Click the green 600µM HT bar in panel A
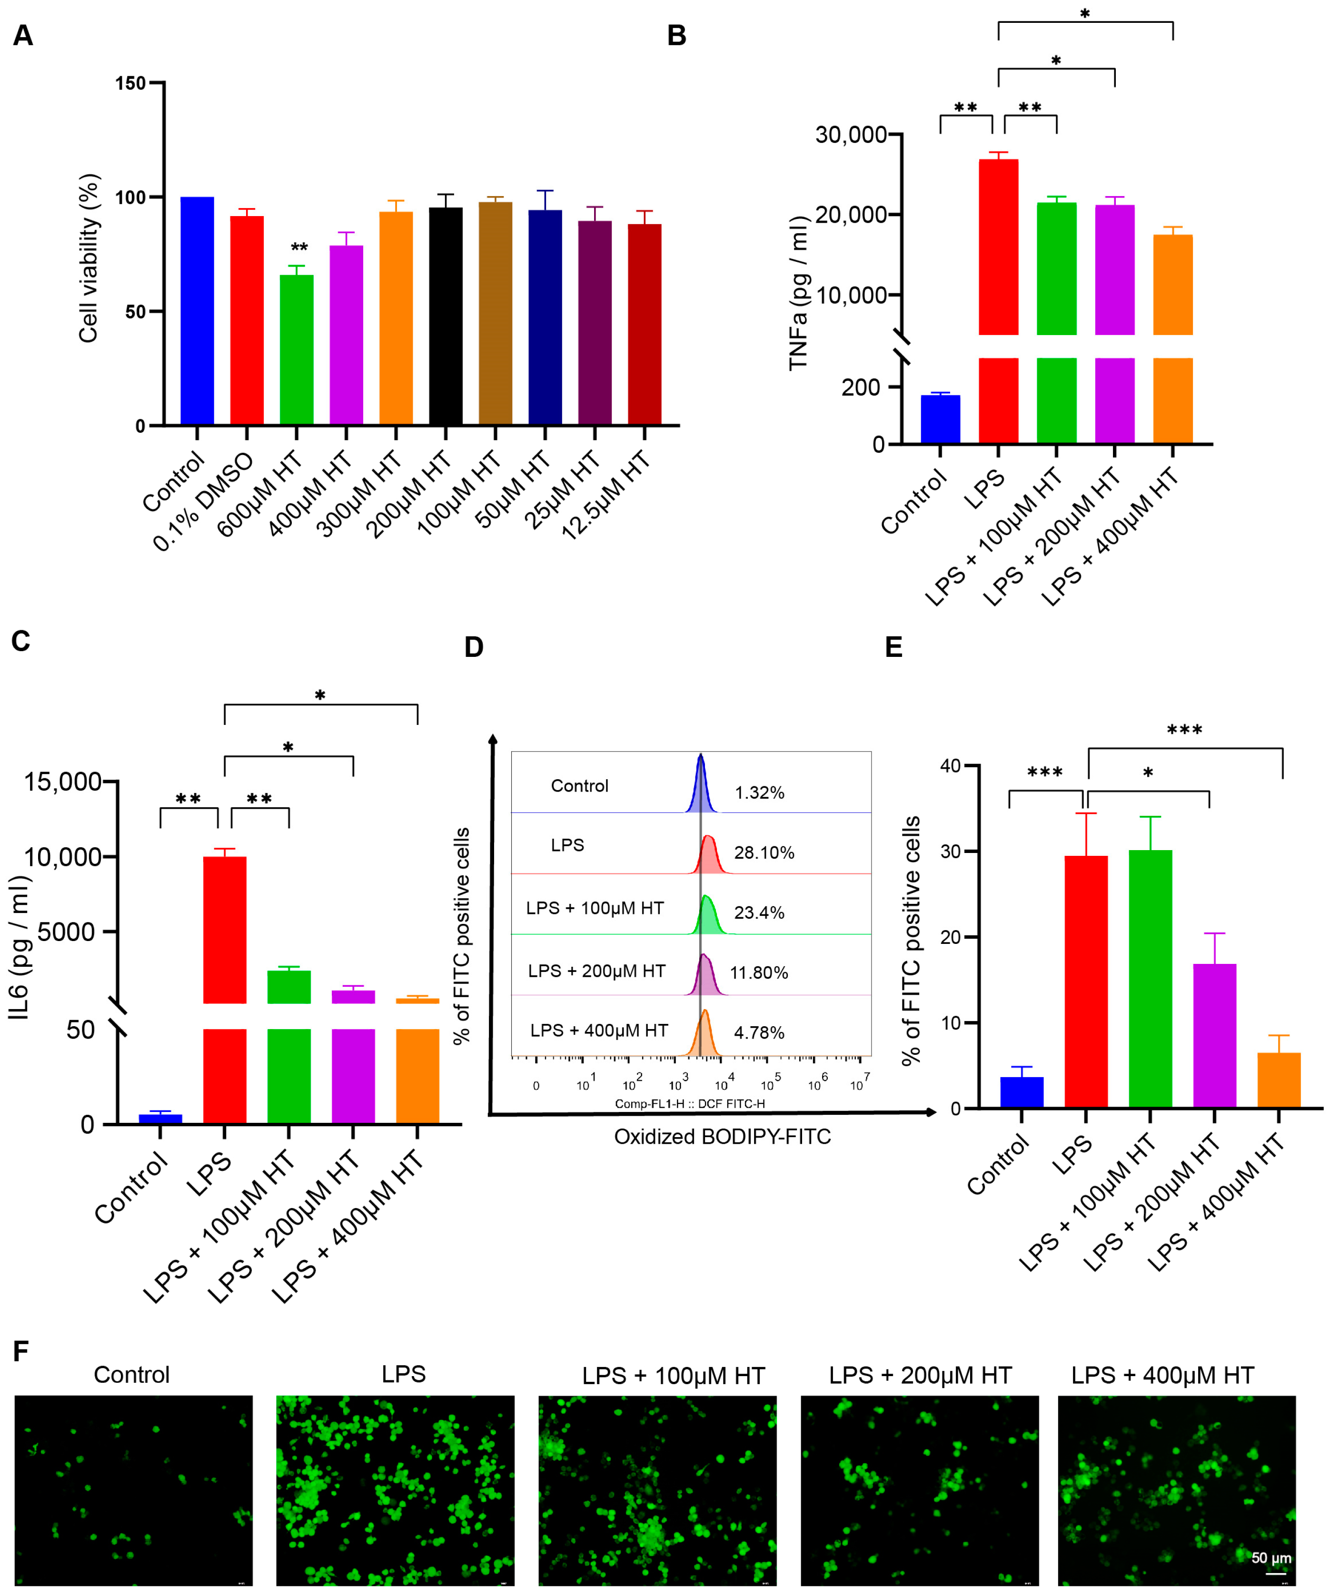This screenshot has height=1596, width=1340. [x=297, y=349]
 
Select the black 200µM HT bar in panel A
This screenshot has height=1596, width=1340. [x=446, y=316]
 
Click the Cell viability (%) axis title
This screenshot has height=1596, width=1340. [x=89, y=258]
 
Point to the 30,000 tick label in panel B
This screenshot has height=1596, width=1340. [x=851, y=135]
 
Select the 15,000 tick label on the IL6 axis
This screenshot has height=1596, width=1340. [x=63, y=781]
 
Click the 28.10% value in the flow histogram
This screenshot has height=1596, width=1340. [x=764, y=853]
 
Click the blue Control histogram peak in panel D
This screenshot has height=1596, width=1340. [x=701, y=787]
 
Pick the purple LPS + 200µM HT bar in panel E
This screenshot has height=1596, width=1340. [x=1215, y=1036]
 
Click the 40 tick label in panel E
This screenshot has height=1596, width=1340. [x=950, y=766]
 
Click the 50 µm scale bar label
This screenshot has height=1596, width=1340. [x=1271, y=1557]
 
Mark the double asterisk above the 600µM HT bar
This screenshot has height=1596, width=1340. [x=299, y=248]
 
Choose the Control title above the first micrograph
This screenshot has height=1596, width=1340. [x=131, y=1375]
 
